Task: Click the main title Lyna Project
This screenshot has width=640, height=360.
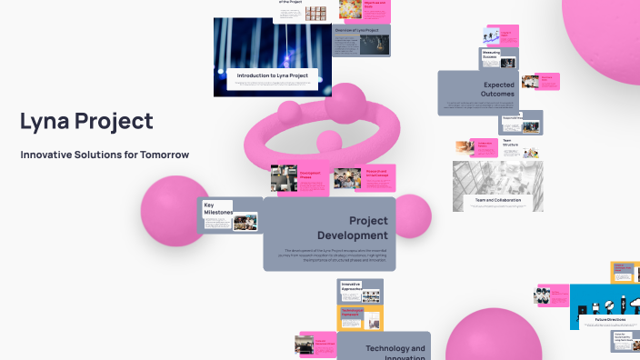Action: tap(86, 122)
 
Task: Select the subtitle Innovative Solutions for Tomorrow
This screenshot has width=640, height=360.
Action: tap(105, 155)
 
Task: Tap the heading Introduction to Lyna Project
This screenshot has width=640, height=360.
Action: tap(272, 75)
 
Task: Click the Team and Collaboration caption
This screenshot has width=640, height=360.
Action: tap(497, 199)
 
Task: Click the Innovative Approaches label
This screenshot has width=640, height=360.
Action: tap(351, 287)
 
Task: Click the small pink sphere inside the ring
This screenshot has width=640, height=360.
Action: tap(326, 142)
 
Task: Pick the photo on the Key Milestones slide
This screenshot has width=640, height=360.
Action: tap(245, 221)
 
